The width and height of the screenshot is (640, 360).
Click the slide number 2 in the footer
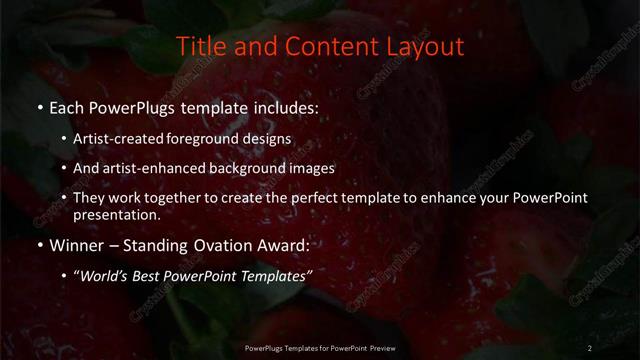tap(590, 347)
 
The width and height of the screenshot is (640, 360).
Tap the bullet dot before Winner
tap(39, 245)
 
